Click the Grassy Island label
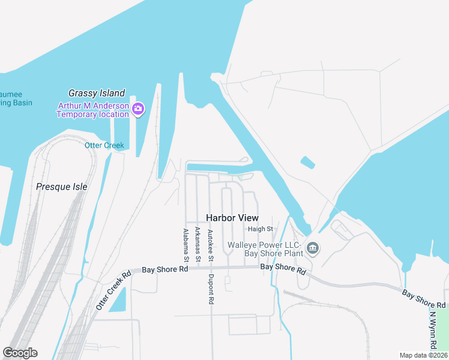coord(97,93)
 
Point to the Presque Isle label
coord(62,187)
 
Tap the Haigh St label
coord(261,229)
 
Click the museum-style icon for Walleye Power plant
coord(312,248)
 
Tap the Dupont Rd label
coord(211,287)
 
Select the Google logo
coord(20,353)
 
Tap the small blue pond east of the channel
coord(307,162)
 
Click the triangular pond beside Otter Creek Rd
coord(119,300)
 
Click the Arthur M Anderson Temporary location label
coord(93,110)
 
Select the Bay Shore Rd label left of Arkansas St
coord(165,269)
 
